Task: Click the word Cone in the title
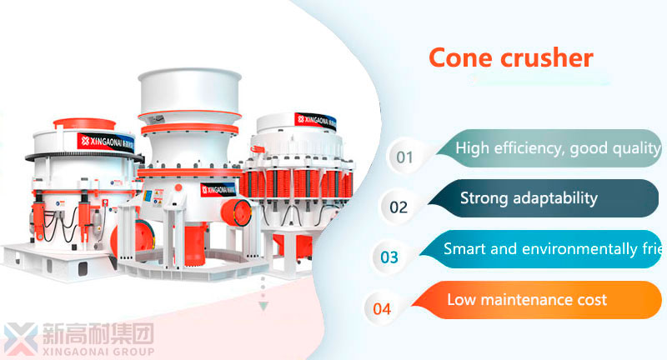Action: (x=459, y=57)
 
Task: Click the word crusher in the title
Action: (x=545, y=57)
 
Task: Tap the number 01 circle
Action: (x=404, y=157)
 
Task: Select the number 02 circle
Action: (x=399, y=207)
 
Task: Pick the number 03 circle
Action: (x=389, y=257)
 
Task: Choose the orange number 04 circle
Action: (x=382, y=308)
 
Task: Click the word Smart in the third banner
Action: (x=463, y=248)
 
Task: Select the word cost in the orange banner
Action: (x=591, y=299)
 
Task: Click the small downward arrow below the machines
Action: (x=264, y=307)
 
